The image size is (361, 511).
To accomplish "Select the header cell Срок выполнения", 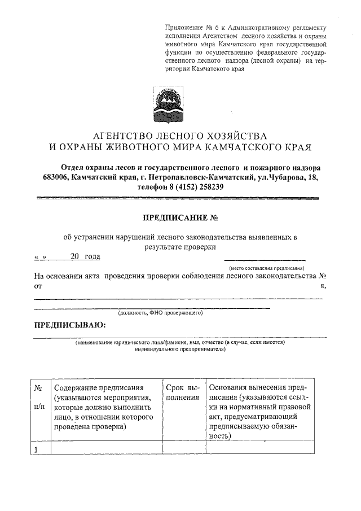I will pyautogui.click(x=183, y=392).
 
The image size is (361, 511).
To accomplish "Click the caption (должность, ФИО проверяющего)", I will pyautogui.click(x=160, y=312).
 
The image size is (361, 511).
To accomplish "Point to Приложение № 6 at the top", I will pyautogui.click(x=191, y=27).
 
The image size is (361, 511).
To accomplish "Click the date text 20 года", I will pyautogui.click(x=85, y=257).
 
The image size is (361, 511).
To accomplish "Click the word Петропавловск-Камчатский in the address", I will pyautogui.click(x=197, y=178).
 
